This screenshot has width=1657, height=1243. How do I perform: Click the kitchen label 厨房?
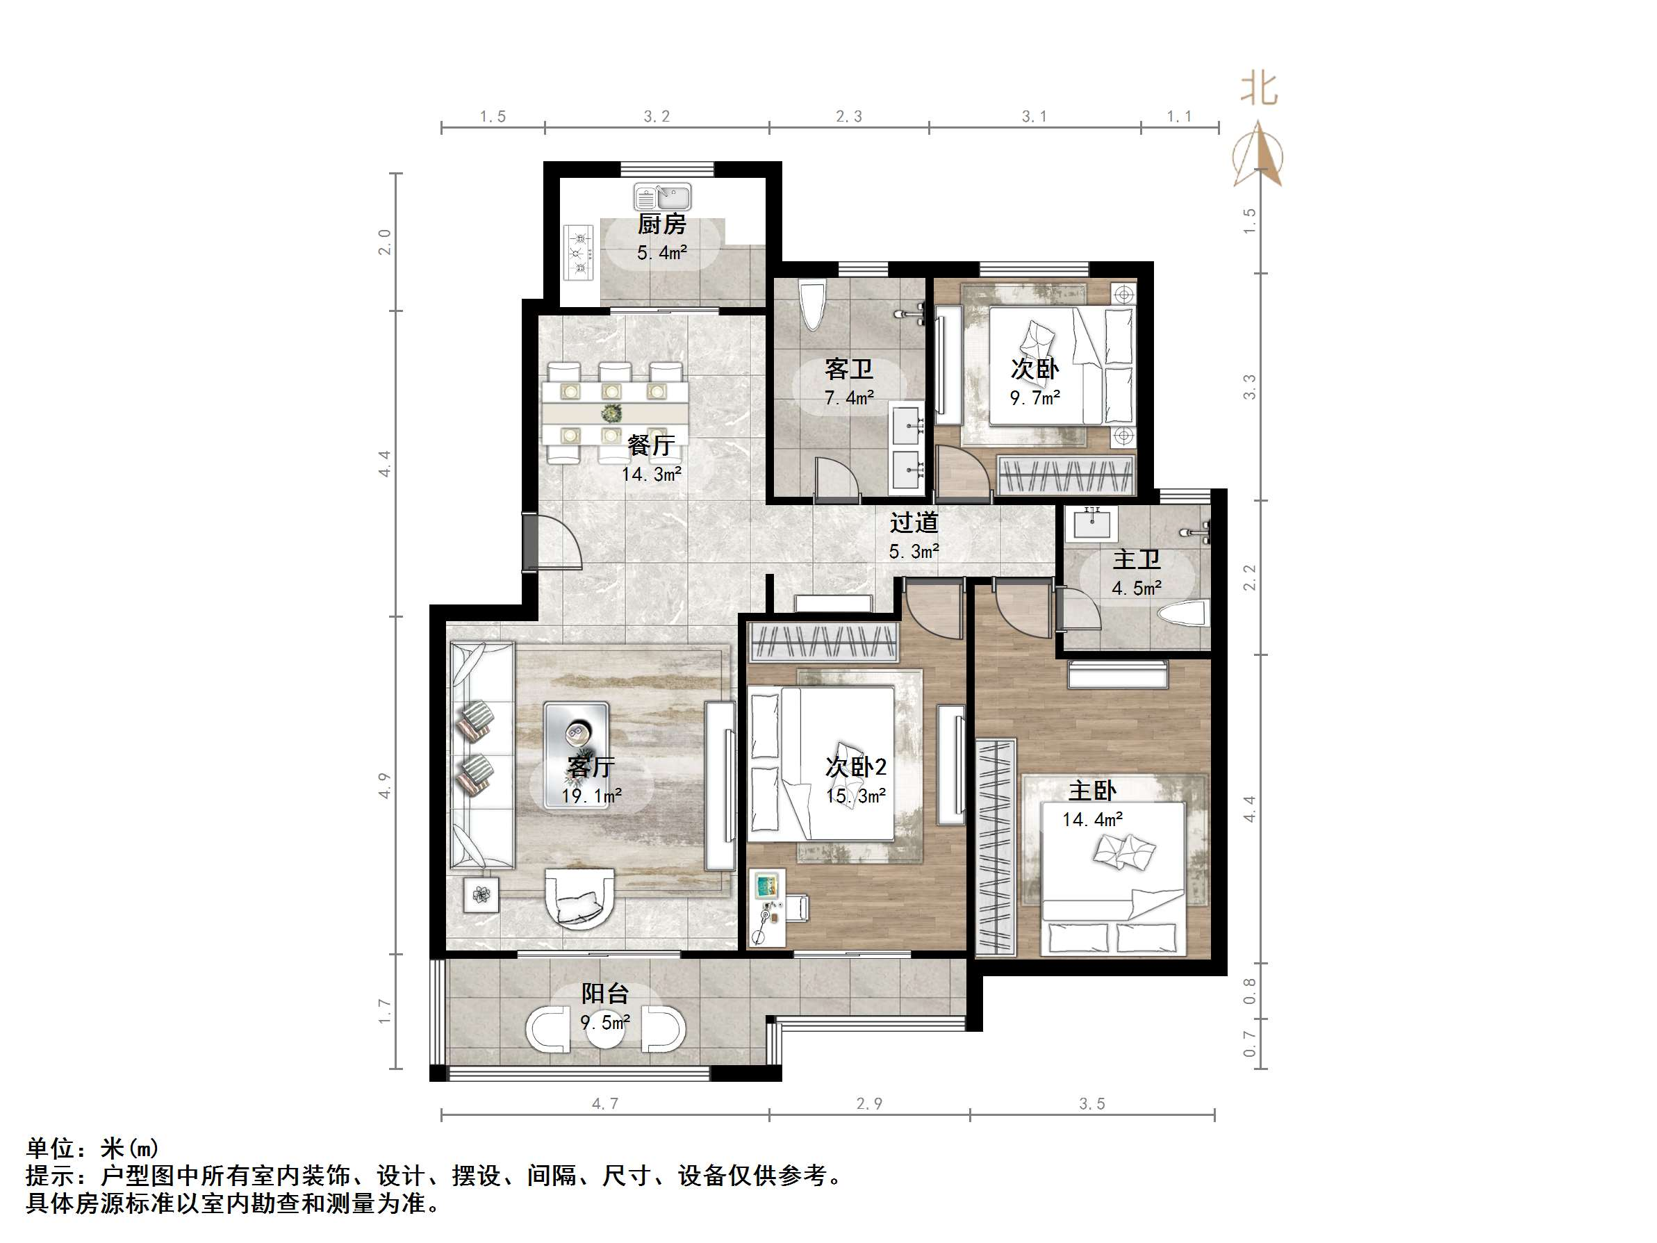(661, 224)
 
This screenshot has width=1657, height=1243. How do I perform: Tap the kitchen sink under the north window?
(662, 198)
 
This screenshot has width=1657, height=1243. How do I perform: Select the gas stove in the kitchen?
(578, 252)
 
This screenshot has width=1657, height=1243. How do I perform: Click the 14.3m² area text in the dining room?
(651, 475)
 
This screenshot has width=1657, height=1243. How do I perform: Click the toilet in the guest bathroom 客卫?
(812, 304)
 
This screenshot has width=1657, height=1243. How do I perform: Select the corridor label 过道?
(914, 522)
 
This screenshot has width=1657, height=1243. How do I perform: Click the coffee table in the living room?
(575, 755)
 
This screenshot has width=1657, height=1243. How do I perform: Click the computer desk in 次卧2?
(768, 907)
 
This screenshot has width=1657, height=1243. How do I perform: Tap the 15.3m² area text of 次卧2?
(856, 796)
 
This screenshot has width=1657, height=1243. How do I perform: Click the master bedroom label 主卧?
(1091, 791)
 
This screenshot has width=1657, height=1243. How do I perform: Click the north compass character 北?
(1258, 89)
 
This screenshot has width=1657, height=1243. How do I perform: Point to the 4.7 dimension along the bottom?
(604, 1103)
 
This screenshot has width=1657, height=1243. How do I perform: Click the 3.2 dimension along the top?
(657, 116)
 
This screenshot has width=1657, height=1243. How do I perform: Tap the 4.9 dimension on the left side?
(384, 785)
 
